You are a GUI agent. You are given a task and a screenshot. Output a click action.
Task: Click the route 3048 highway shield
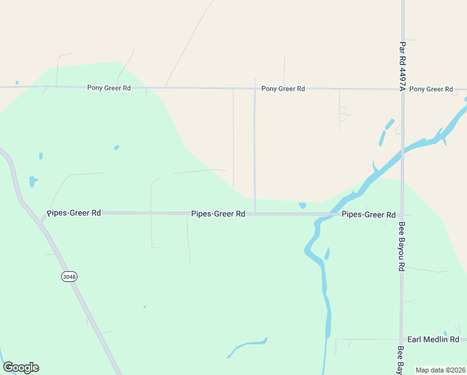click(69, 276)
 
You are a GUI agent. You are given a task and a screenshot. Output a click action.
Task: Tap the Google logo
click(21, 367)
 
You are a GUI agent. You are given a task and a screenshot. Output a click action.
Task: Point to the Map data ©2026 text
click(440, 369)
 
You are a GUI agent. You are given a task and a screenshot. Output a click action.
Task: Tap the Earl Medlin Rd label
click(433, 339)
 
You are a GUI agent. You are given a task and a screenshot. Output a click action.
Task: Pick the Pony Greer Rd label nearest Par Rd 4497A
click(431, 89)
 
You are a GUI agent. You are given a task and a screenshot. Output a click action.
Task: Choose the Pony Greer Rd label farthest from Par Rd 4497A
click(109, 88)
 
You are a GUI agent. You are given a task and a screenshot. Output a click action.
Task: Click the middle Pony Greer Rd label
click(283, 89)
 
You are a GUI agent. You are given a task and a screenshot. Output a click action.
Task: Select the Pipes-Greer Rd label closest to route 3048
click(74, 212)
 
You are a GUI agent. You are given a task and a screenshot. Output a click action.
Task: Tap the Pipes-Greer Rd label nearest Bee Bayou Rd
click(368, 214)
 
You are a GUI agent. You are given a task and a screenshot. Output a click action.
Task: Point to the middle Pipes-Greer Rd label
click(218, 214)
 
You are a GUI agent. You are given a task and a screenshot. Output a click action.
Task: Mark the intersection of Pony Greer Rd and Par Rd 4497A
click(403, 89)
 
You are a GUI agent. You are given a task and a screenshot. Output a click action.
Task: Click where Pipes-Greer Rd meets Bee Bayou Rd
click(402, 214)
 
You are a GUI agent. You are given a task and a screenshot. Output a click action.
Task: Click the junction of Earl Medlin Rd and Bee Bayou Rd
click(402, 339)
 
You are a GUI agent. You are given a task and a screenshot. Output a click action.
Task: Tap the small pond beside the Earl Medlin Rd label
click(445, 333)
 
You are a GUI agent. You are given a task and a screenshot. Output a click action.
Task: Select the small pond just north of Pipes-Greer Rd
click(303, 205)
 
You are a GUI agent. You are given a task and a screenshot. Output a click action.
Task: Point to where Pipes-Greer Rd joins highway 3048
click(44, 219)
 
